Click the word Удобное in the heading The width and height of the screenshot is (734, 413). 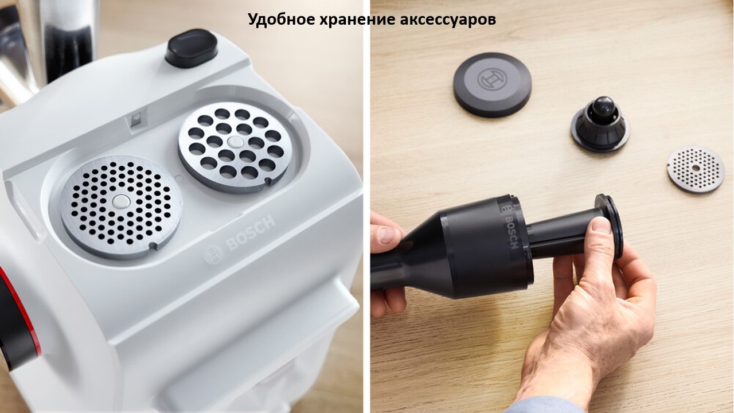282,19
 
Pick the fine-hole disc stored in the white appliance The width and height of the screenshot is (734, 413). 121,206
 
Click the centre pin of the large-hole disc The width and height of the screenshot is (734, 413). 235,142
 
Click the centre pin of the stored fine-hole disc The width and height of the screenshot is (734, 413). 121,201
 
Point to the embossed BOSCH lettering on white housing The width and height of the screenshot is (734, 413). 251,233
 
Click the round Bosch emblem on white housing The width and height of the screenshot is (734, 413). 213,255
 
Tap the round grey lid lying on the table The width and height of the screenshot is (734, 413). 493,84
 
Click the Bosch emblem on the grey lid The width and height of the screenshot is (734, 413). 492,79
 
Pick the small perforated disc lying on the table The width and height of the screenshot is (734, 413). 696,169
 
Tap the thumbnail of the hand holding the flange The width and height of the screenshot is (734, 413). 602,225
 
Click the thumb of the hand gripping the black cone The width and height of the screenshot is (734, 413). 387,233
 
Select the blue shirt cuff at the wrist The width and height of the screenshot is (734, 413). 544,405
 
